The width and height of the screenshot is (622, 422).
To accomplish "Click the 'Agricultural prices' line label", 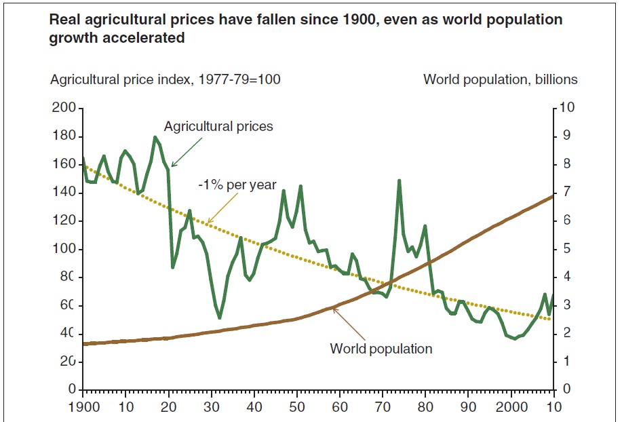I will (x=218, y=126).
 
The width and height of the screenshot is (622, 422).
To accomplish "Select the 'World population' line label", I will (x=381, y=349).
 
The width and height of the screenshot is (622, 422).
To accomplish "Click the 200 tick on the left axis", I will (x=64, y=109).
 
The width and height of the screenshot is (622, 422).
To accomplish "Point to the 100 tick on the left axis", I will (x=64, y=249).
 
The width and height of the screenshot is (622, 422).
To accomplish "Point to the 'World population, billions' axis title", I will (x=500, y=79).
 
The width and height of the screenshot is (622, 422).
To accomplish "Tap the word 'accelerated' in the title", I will (x=147, y=38).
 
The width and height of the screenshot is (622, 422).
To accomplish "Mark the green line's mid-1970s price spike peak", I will (x=400, y=180).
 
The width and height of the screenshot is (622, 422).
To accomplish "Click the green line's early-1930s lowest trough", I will (x=219, y=318).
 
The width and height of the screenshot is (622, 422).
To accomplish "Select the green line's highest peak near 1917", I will (x=155, y=137).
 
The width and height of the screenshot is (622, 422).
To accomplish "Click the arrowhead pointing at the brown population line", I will (x=334, y=309).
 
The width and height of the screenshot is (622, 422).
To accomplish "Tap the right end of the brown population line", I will (x=554, y=196).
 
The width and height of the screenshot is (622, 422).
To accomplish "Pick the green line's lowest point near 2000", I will (x=515, y=338).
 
